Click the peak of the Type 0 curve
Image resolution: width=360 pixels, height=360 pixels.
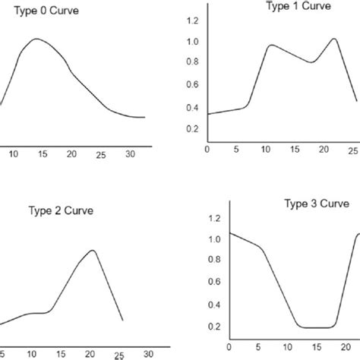click(x=36, y=39)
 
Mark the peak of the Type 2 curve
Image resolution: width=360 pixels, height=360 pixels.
click(x=92, y=250)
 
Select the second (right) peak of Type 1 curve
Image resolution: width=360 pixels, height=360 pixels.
click(x=333, y=38)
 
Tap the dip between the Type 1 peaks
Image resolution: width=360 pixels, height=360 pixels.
click(x=311, y=62)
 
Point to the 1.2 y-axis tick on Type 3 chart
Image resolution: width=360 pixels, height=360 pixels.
click(x=214, y=218)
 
